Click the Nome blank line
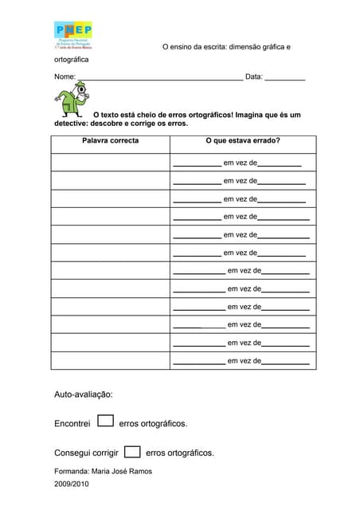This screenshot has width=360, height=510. pos(160,78)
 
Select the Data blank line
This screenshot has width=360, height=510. pos(284,78)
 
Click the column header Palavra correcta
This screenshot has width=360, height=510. pos(110,141)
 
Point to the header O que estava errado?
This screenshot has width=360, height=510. pos(242,141)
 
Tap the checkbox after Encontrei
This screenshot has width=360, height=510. pos(105,421)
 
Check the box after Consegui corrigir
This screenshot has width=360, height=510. pos(133,451)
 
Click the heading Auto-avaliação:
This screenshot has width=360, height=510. pos(84,394)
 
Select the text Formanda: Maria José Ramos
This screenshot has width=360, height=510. pos(103,471)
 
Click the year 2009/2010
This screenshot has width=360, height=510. pos(72,484)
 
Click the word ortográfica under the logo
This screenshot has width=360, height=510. pos(72,60)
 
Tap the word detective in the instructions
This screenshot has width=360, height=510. pos(71,124)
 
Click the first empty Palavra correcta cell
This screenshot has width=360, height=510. pos(110,162)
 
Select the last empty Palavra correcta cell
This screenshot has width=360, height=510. pos(110,360)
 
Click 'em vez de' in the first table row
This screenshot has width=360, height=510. pos(241,163)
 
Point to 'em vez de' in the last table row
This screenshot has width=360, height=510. pos(244,361)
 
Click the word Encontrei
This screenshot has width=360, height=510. pos(72,424)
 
